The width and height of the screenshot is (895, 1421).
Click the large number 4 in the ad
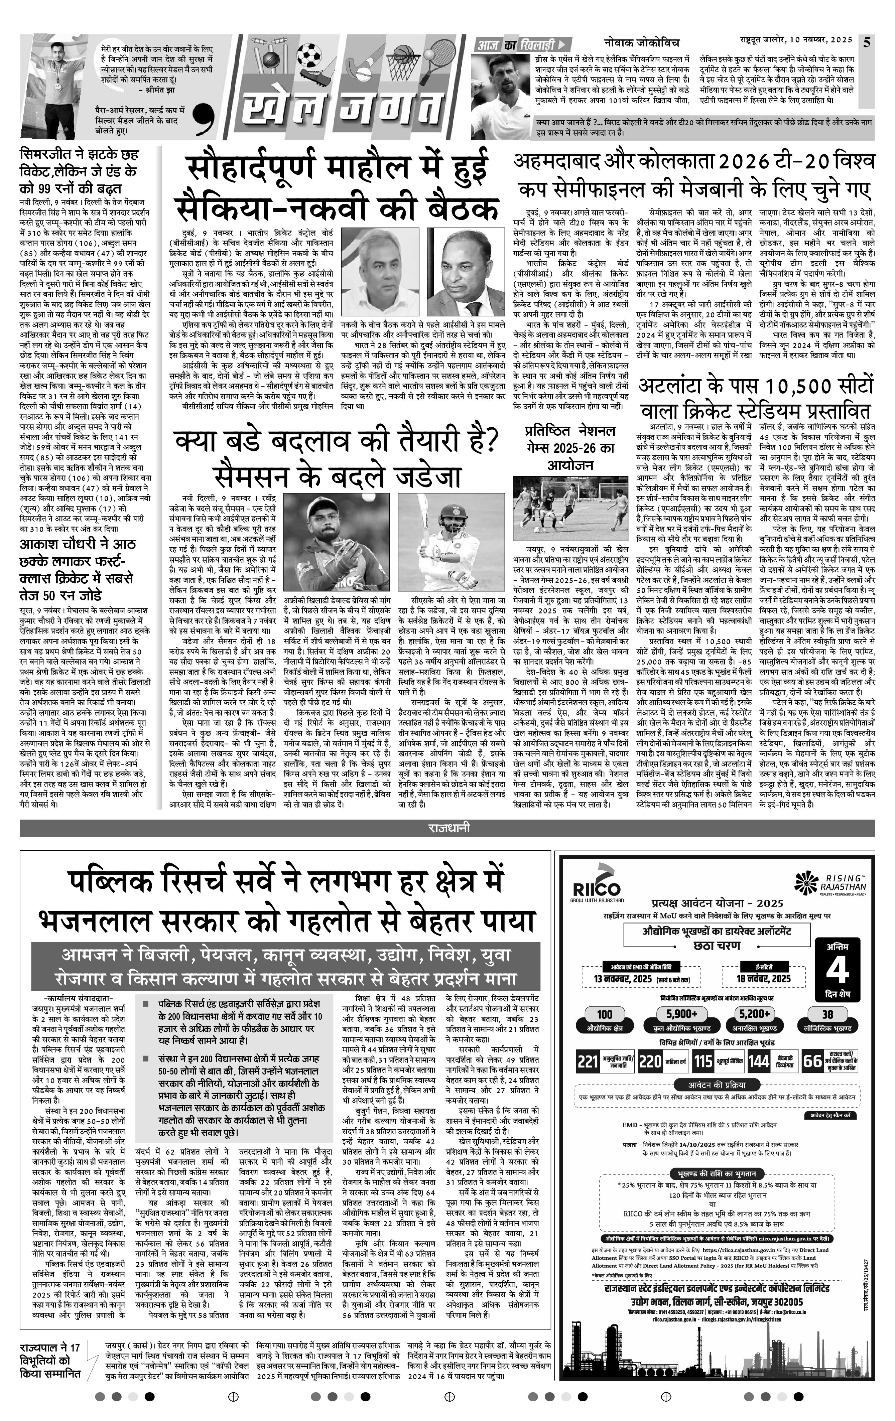tap(837, 970)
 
